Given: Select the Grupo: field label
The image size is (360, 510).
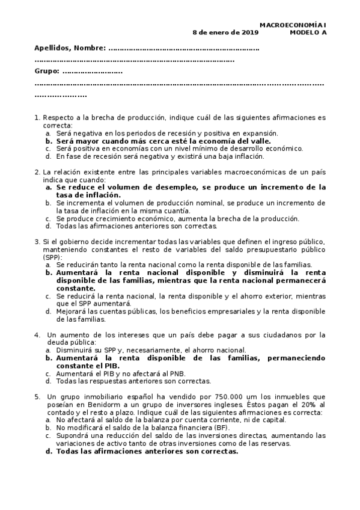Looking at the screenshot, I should pos(47,72).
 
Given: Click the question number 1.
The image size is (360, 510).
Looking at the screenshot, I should pos(37,118).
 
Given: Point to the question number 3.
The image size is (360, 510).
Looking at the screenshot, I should pos(37,242).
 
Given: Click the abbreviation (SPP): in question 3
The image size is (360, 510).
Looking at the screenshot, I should pos(53,257).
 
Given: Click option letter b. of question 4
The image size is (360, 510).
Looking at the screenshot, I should pos(49,358).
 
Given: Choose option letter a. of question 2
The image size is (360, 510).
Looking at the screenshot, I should pos(49,187).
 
